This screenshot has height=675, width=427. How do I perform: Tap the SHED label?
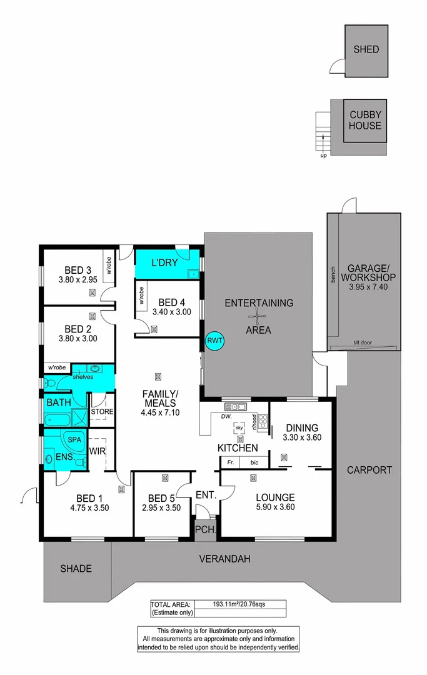click(x=366, y=49)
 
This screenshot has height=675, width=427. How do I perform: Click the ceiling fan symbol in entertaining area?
click(x=258, y=317)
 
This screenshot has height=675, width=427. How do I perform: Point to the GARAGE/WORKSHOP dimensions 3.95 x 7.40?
click(x=364, y=287)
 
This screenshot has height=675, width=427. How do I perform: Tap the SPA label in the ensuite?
click(x=74, y=439)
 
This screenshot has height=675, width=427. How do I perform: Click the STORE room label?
click(x=102, y=412)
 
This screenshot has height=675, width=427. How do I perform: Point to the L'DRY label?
click(x=165, y=263)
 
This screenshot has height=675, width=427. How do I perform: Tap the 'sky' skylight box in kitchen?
click(x=239, y=427)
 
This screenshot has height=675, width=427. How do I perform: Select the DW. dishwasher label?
click(x=226, y=416)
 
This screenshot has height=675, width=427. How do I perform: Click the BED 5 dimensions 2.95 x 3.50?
click(x=164, y=507)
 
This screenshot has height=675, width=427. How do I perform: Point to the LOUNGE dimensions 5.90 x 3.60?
click(x=275, y=507)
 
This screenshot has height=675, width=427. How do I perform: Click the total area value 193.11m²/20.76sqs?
click(x=240, y=604)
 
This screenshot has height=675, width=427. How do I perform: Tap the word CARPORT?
click(x=369, y=470)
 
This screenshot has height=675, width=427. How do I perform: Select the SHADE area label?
click(x=76, y=569)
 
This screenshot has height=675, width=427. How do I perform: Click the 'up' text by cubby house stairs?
click(x=323, y=156)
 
